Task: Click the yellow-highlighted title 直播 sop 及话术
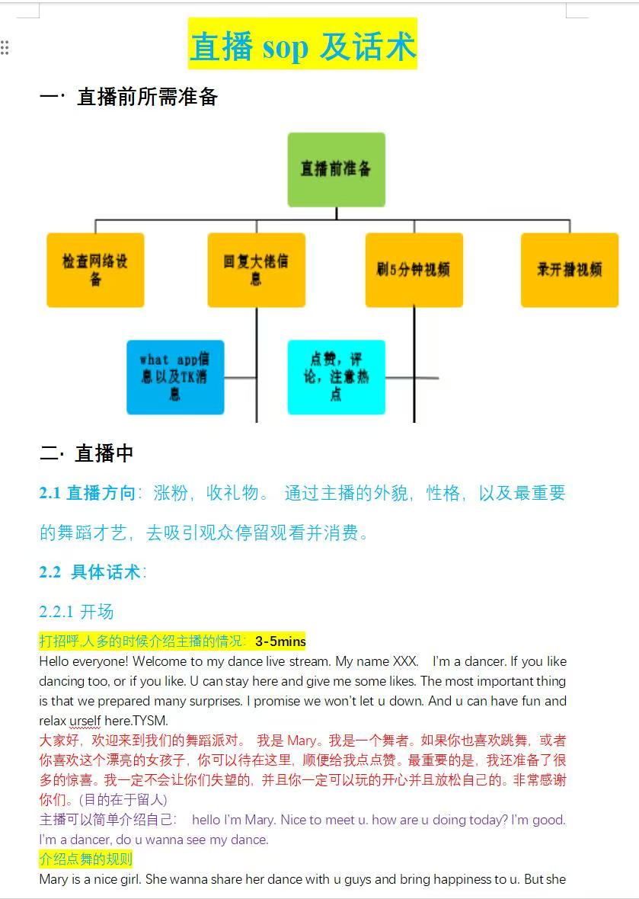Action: [302, 44]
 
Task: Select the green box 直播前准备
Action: [337, 170]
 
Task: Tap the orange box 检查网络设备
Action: [95, 270]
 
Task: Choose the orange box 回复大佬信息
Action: [256, 270]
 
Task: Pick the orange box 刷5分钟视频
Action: [414, 270]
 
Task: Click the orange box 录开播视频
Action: [570, 270]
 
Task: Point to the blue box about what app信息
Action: [175, 377]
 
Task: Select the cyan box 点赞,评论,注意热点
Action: [337, 377]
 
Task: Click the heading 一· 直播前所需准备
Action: [129, 97]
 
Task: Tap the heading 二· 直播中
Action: [87, 453]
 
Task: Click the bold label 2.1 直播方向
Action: [87, 493]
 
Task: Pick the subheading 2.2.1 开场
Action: [76, 611]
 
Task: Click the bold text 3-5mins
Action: [280, 641]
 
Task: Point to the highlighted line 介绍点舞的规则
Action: [86, 859]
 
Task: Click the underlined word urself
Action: [85, 721]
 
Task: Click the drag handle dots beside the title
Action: [5, 47]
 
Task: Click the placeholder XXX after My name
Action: [405, 661]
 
